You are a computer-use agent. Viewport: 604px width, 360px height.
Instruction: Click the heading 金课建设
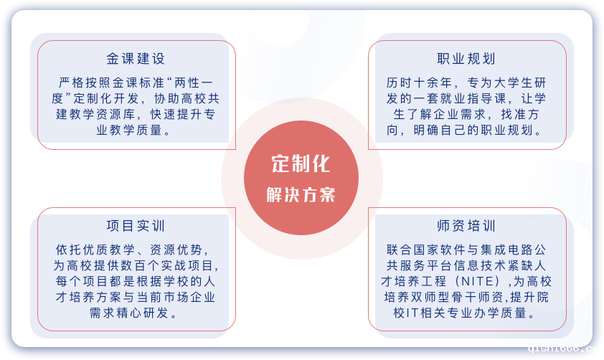[136, 59]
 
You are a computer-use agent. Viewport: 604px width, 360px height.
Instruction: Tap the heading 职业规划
[466, 59]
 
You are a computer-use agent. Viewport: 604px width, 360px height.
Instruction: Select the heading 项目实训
[136, 226]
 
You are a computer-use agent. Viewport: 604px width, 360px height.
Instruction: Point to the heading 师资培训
[466, 226]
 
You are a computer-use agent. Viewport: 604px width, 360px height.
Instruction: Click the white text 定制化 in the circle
[301, 164]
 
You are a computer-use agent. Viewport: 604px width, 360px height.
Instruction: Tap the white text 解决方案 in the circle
[301, 195]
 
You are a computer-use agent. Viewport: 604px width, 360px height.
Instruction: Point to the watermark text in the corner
[565, 349]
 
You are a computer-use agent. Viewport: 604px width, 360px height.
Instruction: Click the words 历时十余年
[419, 82]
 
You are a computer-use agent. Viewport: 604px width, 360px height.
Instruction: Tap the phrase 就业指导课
[473, 98]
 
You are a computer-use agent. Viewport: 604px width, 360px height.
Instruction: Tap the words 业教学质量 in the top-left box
[129, 130]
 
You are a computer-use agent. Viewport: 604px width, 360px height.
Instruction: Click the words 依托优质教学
[95, 250]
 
